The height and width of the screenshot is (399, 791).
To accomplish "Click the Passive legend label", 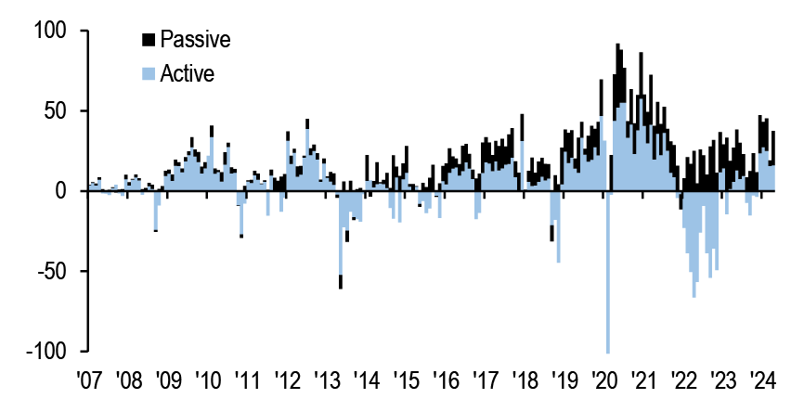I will pos(194,39).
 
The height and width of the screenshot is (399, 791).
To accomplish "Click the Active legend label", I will pos(188,73).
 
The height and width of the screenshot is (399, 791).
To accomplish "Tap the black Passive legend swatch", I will pos(148,39).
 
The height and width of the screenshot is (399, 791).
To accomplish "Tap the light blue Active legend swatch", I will pos(148,73).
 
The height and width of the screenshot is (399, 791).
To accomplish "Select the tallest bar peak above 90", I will pos(617,46).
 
